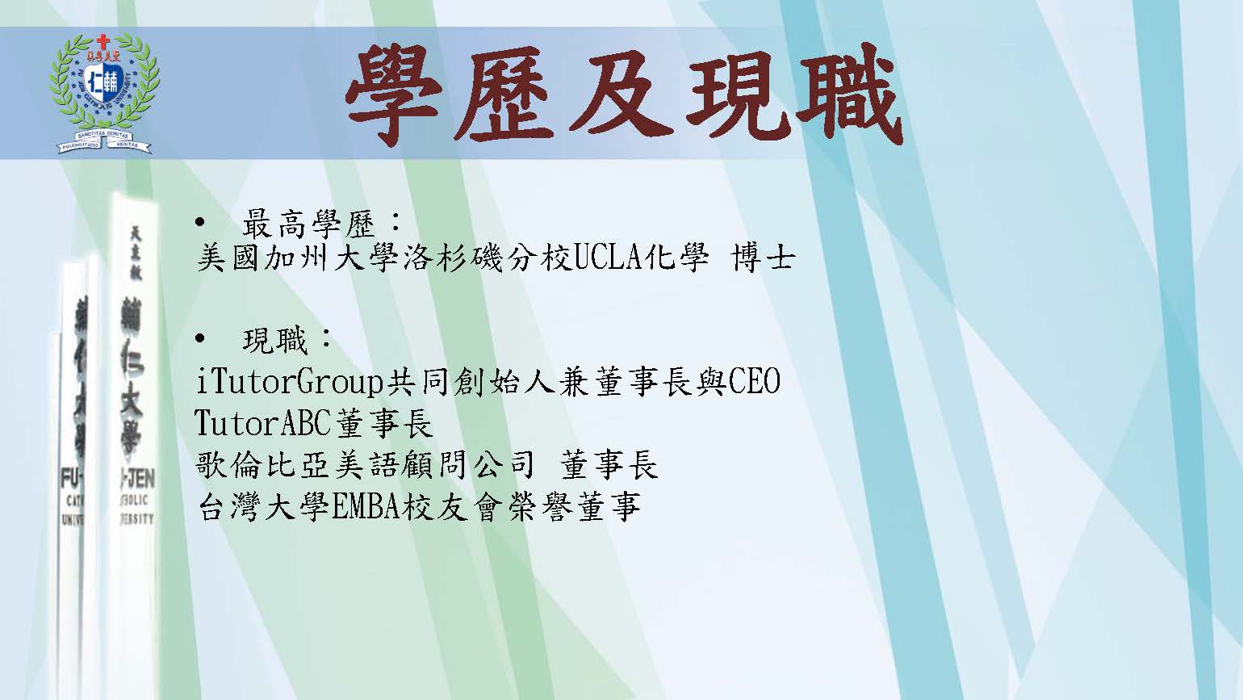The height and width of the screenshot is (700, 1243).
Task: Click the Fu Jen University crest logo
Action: tap(104, 94)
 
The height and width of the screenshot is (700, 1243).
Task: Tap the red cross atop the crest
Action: tap(103, 40)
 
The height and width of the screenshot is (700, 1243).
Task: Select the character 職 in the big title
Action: tap(849, 94)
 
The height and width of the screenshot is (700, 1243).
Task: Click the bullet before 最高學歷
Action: tap(200, 223)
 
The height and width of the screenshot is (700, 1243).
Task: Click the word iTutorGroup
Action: tap(289, 383)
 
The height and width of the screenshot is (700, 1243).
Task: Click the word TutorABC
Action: tap(263, 423)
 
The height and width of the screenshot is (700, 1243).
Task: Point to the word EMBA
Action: tap(366, 507)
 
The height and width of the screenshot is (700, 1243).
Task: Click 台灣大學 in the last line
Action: tap(264, 507)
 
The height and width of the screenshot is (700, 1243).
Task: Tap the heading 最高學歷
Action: tap(309, 224)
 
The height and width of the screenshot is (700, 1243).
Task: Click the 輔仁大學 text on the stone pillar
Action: tap(131, 375)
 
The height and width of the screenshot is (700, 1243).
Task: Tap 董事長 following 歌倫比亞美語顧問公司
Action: tap(609, 465)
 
